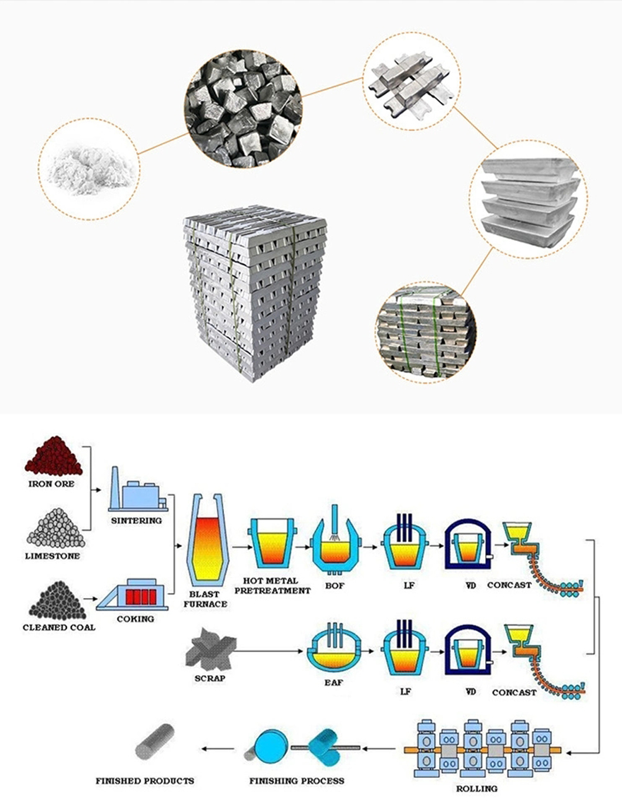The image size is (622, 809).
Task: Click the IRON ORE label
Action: pyautogui.click(x=51, y=484)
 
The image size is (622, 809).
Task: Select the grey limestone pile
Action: pyautogui.click(x=54, y=528)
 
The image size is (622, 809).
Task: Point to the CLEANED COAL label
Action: pyautogui.click(x=59, y=627)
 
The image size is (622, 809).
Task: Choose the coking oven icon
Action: pyautogui.click(x=137, y=594)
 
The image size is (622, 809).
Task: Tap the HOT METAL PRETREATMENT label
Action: pyautogui.click(x=272, y=586)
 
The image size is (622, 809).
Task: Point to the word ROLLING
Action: pyautogui.click(x=476, y=788)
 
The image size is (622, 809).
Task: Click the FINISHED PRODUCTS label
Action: pyautogui.click(x=144, y=780)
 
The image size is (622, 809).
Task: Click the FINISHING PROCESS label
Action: pyautogui.click(x=296, y=780)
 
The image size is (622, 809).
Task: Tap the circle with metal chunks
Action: pyautogui.click(x=243, y=111)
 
